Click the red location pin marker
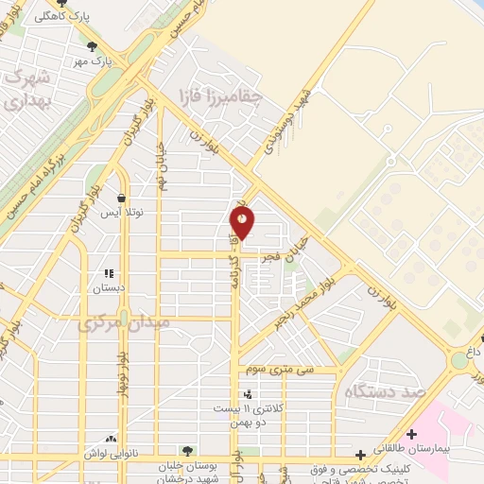click(x=243, y=223)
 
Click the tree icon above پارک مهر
click(x=91, y=45)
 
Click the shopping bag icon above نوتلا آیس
click(x=122, y=199)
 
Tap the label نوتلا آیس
click(x=122, y=215)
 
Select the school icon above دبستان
click(x=110, y=274)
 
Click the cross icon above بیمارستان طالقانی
click(x=411, y=433)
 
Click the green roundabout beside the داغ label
click(x=459, y=360)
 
